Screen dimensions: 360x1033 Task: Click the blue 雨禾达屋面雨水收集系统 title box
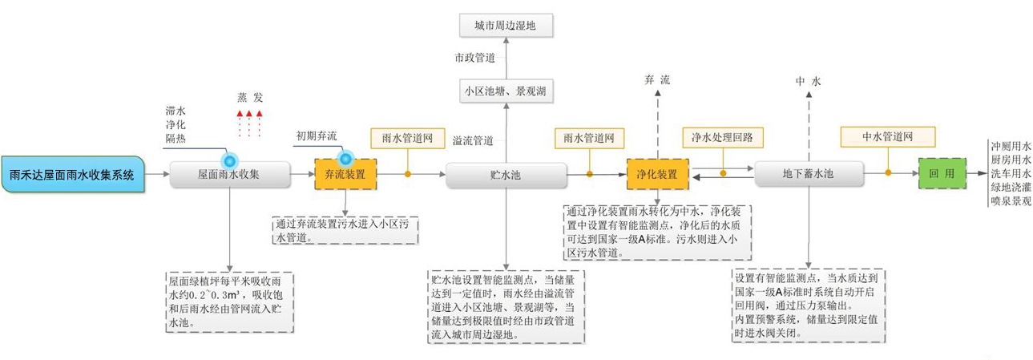pyautogui.click(x=71, y=174)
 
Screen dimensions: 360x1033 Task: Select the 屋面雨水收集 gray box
pyautogui.click(x=228, y=174)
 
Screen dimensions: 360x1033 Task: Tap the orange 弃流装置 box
pyautogui.click(x=345, y=174)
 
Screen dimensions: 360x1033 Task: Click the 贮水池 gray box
pyautogui.click(x=505, y=174)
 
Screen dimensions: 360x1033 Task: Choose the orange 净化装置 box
pyautogui.click(x=657, y=174)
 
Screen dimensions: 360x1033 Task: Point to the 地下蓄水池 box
pyautogui.click(x=809, y=174)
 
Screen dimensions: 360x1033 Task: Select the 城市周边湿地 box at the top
pyautogui.click(x=506, y=25)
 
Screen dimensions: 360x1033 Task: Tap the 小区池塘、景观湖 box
pyautogui.click(x=506, y=91)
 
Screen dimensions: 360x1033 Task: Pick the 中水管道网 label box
pyautogui.click(x=888, y=137)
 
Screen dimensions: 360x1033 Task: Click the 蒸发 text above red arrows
pyautogui.click(x=249, y=97)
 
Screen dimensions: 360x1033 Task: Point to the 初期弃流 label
pyautogui.click(x=317, y=136)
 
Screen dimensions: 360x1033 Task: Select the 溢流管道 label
pyautogui.click(x=473, y=140)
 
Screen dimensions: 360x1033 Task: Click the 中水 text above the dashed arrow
pyautogui.click(x=808, y=81)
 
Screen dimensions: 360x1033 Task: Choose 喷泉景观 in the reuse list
pyautogui.click(x=1010, y=201)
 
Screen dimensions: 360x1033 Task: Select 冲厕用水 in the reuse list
pyautogui.click(x=1010, y=147)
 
